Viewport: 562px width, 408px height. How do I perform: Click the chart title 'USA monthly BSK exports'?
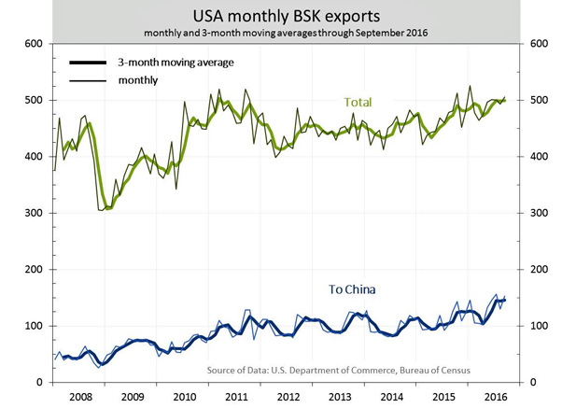tap(280, 16)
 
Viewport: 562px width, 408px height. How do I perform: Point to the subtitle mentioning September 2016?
tap(280, 34)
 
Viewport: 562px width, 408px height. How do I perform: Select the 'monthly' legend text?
tap(137, 80)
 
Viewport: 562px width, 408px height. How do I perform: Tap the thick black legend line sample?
tap(91, 63)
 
